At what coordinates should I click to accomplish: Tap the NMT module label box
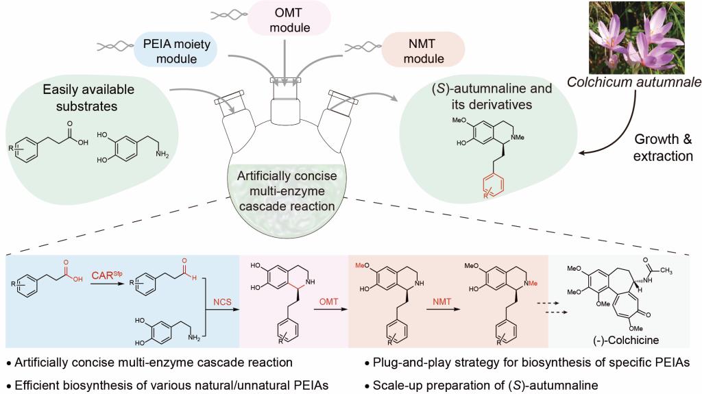click(423, 50)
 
